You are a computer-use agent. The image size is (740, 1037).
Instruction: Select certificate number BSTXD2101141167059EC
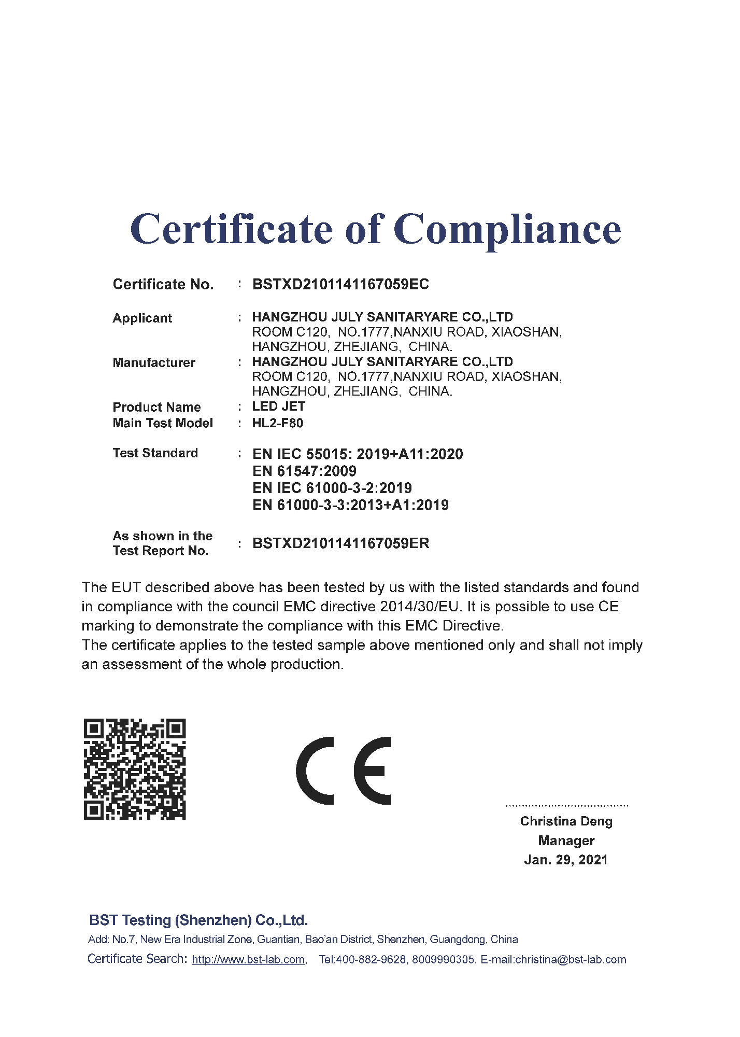340,284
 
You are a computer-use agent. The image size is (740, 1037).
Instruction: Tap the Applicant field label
142,318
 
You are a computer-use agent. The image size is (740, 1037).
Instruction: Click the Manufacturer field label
154,362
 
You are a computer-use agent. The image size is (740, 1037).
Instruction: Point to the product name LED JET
278,407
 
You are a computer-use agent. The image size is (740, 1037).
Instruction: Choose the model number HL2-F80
278,423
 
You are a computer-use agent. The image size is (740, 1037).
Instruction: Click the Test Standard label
155,453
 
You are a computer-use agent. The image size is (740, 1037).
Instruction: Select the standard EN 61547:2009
304,471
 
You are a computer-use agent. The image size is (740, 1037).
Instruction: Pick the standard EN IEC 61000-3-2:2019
332,488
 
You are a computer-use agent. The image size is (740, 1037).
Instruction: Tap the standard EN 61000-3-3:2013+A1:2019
350,505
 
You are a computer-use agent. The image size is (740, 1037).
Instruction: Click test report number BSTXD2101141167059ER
340,543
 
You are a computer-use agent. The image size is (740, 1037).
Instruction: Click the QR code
135,769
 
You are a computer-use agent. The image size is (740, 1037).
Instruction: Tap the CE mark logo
344,770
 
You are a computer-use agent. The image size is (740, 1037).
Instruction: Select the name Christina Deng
566,821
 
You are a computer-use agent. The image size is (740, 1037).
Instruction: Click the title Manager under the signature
566,840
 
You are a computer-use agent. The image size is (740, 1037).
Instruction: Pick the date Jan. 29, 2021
566,860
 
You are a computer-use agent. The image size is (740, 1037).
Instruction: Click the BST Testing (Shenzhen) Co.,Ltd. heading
198,920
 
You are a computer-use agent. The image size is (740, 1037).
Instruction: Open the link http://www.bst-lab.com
248,959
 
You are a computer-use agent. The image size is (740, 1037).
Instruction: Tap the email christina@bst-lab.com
571,959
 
